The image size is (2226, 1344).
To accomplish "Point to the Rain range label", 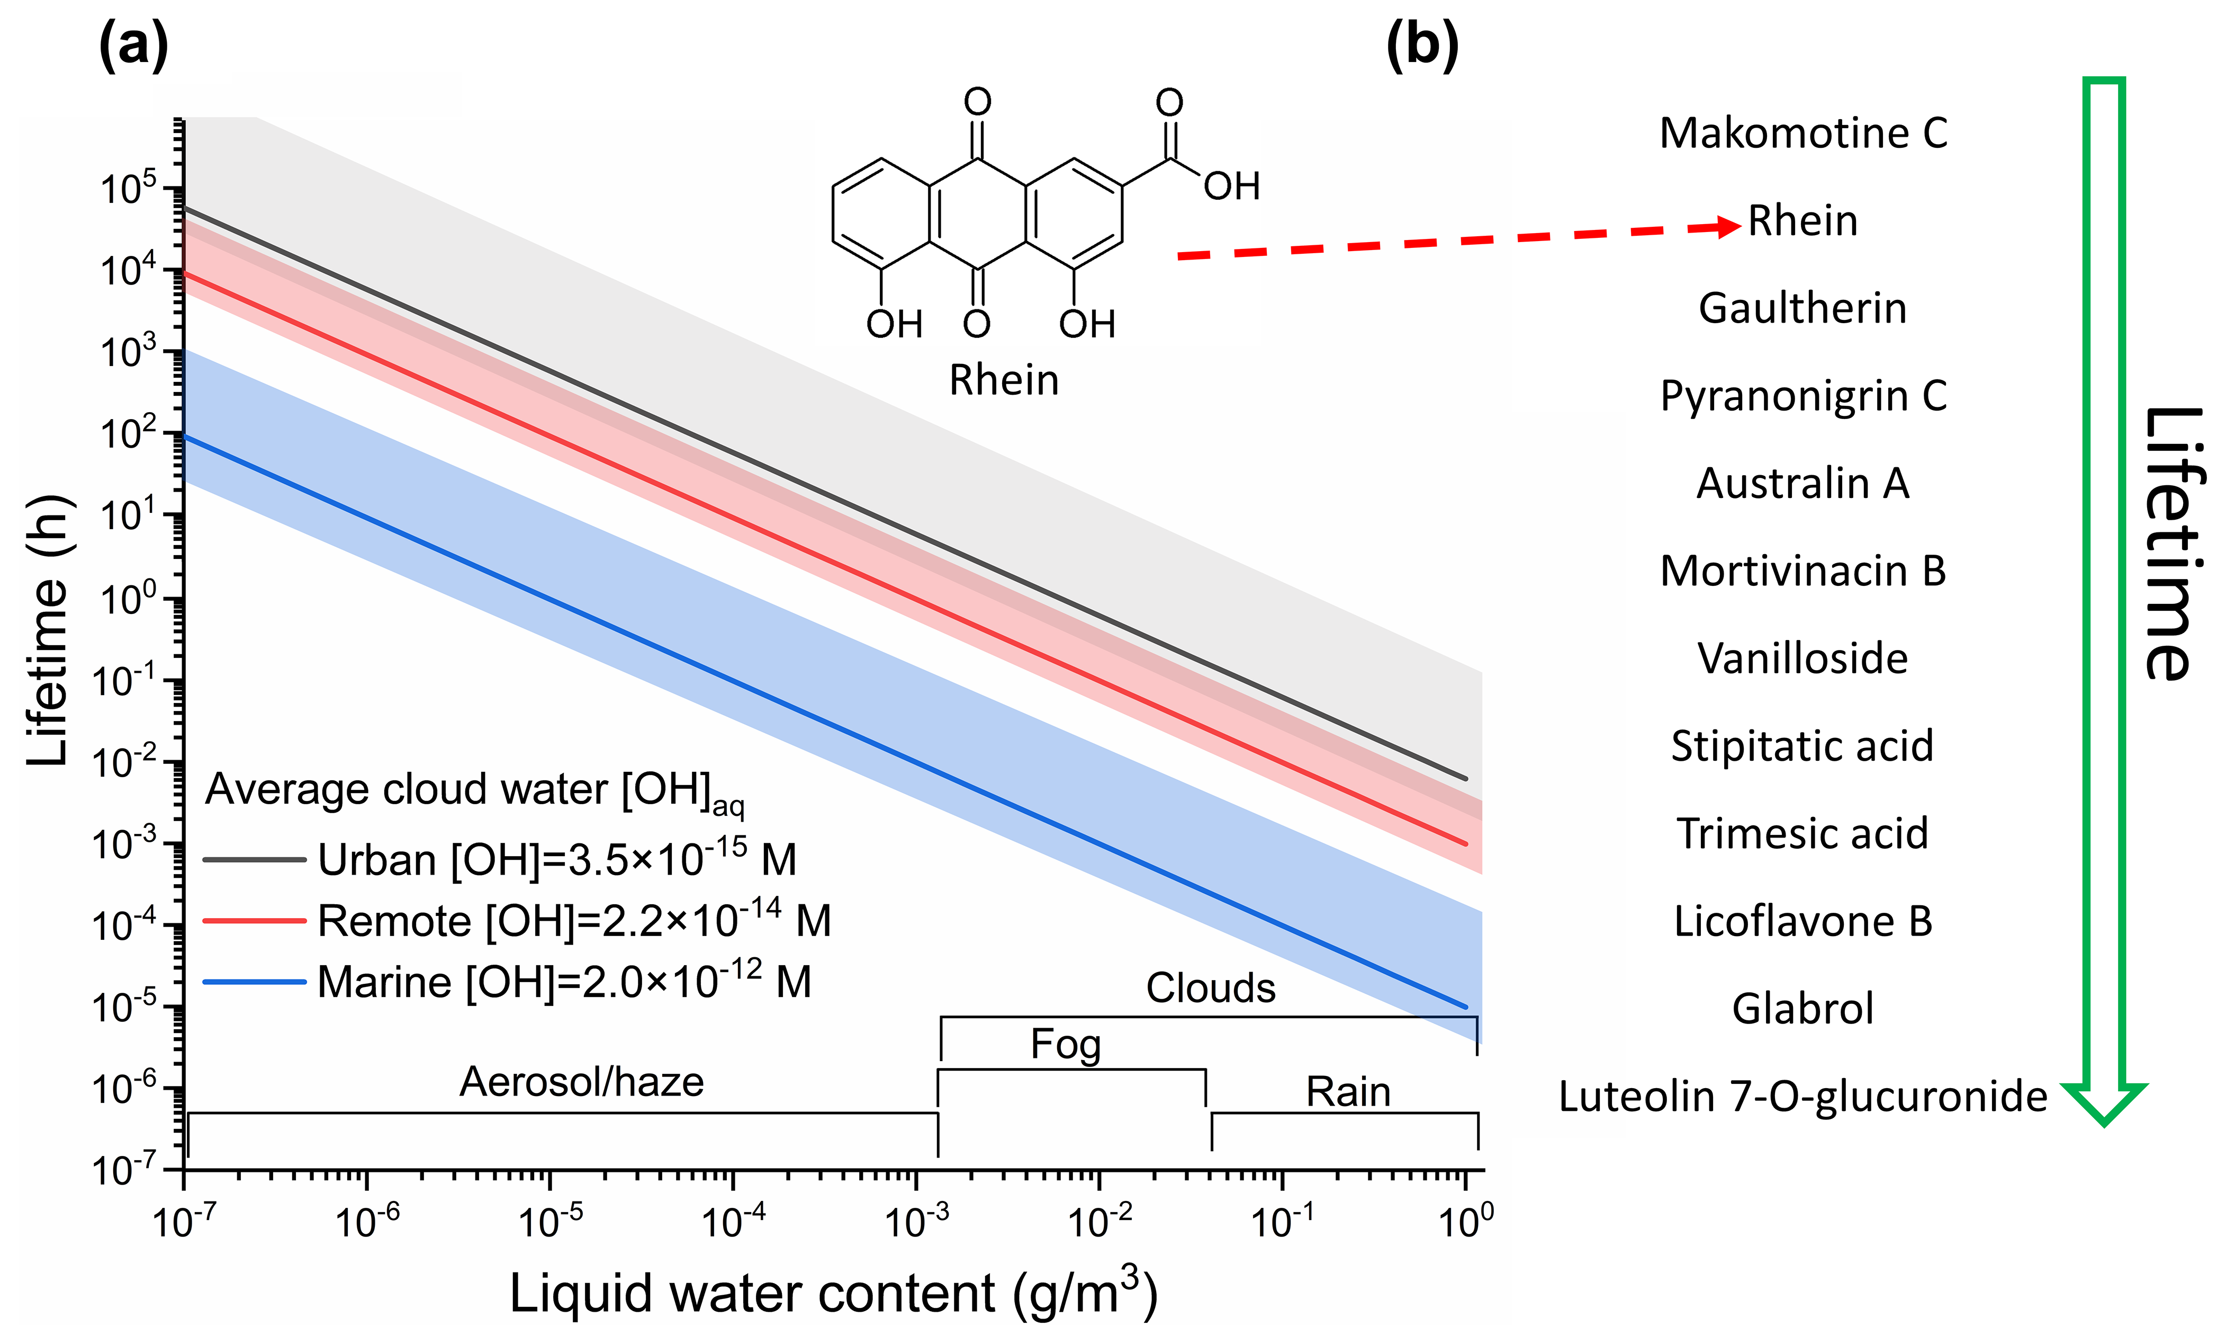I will [1348, 1092].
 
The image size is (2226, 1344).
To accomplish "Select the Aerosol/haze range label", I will [582, 1082].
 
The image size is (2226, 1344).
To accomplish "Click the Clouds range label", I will [1211, 988].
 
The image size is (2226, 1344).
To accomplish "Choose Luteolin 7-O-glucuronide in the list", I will [1803, 1097].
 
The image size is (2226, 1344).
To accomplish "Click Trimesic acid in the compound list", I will [1803, 833].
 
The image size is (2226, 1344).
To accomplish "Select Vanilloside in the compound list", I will [1803, 658].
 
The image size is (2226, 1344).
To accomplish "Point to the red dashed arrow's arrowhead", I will [1727, 226].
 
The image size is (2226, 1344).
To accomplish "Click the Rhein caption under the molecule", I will [1004, 380].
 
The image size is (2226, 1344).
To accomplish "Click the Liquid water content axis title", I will [833, 1293].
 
